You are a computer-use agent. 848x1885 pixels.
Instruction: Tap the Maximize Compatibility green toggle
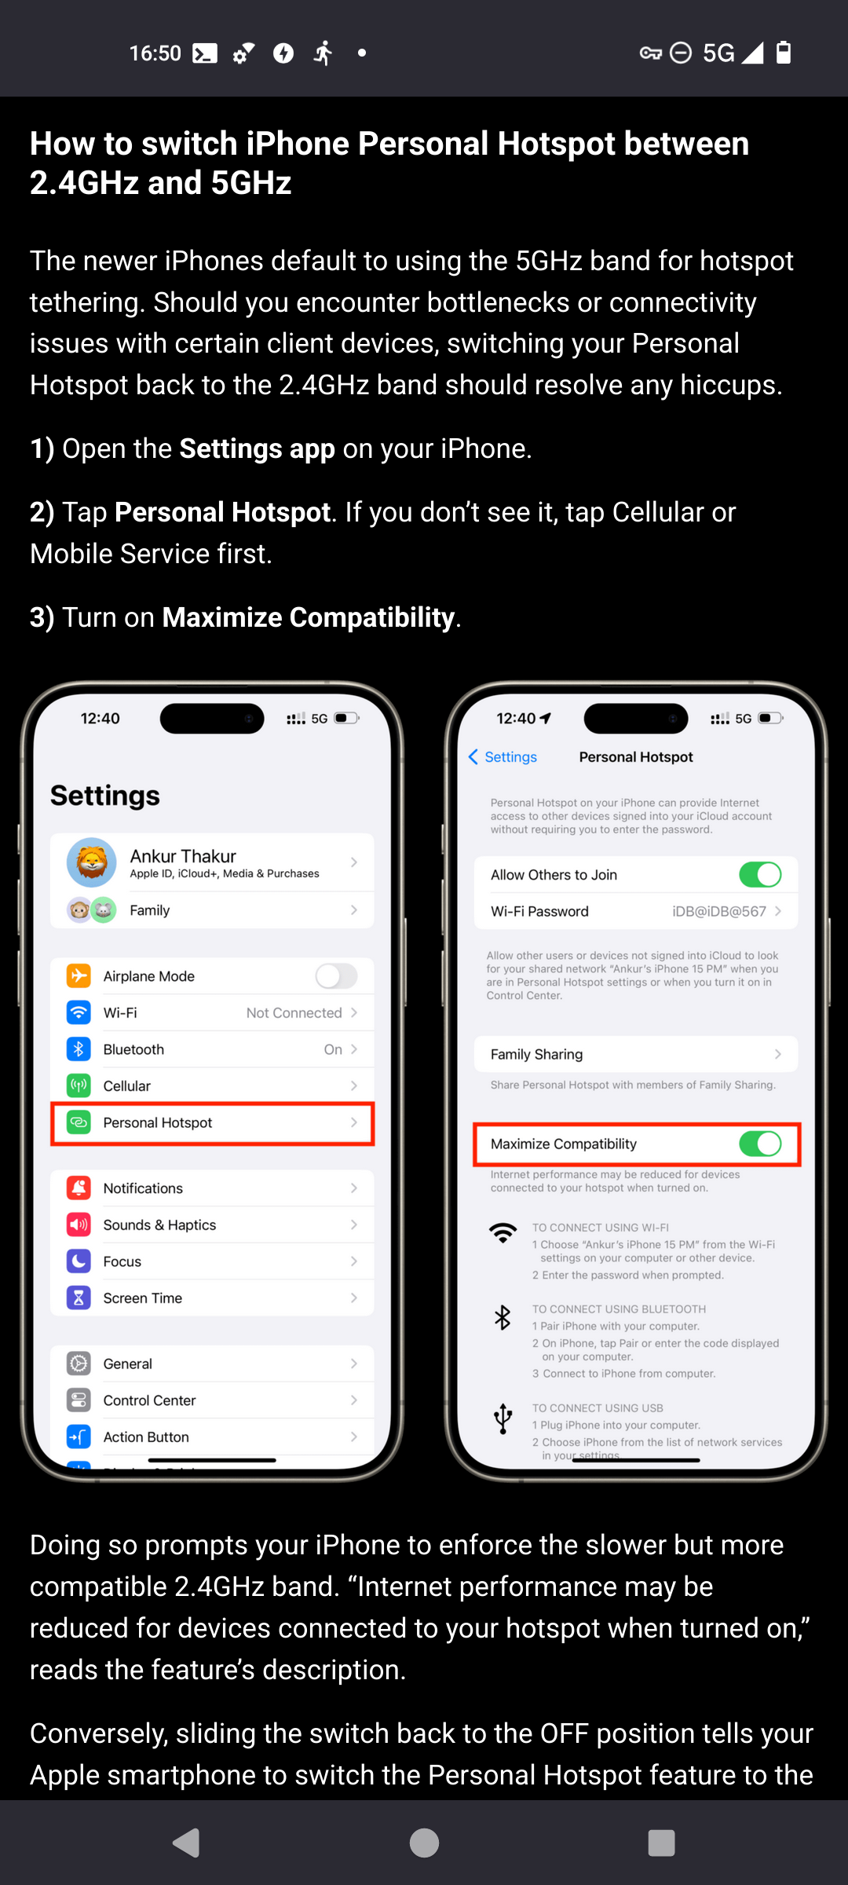click(x=760, y=1144)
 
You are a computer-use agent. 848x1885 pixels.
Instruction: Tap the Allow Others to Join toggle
click(x=760, y=874)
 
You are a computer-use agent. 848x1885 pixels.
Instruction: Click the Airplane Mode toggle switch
click(x=336, y=975)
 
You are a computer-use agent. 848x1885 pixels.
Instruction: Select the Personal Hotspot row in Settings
click(x=212, y=1123)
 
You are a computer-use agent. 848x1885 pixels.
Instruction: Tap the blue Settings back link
click(x=503, y=756)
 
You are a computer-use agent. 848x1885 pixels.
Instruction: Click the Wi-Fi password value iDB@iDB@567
click(x=719, y=911)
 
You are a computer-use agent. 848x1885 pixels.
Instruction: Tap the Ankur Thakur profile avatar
click(x=92, y=862)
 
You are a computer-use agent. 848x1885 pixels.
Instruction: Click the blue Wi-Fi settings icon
click(x=79, y=1012)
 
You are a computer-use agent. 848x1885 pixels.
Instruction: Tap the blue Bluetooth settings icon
click(x=79, y=1049)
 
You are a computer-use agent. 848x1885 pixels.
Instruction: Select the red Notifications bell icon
click(x=79, y=1188)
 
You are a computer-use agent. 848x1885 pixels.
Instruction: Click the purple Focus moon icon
click(x=79, y=1261)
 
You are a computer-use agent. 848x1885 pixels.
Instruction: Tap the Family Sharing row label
click(x=536, y=1054)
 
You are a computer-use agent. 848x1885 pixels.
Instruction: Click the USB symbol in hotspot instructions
click(x=503, y=1418)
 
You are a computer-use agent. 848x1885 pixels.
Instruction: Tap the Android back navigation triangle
click(x=187, y=1843)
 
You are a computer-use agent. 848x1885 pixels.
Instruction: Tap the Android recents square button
click(x=661, y=1843)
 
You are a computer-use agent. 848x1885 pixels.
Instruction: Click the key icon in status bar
click(x=650, y=53)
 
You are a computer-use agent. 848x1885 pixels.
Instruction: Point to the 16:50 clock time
click(x=155, y=53)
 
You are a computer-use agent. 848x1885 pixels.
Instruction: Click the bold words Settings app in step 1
click(x=258, y=448)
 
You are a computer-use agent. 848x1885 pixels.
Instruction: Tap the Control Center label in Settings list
click(x=149, y=1400)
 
